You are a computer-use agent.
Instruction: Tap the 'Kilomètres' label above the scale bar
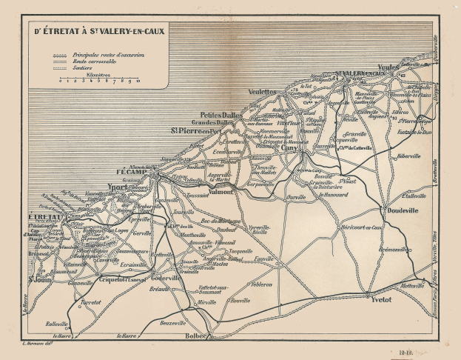pos(98,75)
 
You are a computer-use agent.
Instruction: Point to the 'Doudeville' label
pos(402,210)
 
